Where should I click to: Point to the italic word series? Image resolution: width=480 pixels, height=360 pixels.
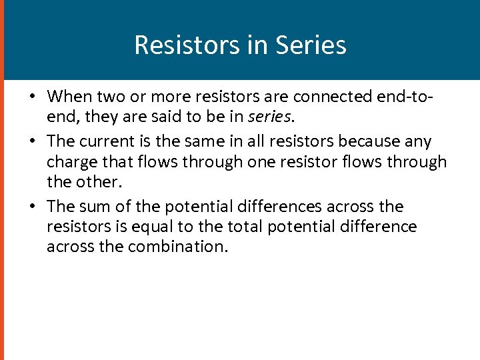[x=269, y=116]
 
